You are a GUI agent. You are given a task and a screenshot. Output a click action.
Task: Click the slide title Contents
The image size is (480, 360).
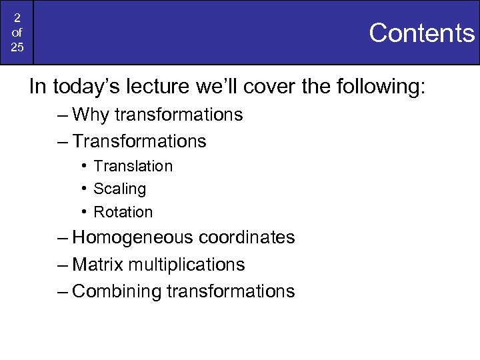(x=421, y=33)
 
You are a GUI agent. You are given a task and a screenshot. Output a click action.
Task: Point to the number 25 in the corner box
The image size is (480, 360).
(x=17, y=48)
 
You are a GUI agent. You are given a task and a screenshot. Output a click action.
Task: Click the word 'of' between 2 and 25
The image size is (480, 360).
(x=17, y=32)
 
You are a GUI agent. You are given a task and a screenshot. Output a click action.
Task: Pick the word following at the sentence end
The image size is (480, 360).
(x=375, y=87)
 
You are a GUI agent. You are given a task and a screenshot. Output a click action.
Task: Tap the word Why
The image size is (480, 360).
(x=91, y=115)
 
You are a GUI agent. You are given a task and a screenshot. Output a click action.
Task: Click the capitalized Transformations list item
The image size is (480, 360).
(x=139, y=141)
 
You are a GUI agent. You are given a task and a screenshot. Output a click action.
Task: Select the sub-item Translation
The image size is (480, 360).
(x=133, y=166)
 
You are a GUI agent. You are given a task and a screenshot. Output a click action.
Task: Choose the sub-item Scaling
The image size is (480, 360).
(x=119, y=189)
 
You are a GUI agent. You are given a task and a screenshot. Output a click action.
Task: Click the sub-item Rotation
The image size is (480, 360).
(x=123, y=212)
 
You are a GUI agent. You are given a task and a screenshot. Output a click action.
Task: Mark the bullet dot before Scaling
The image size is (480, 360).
(x=85, y=189)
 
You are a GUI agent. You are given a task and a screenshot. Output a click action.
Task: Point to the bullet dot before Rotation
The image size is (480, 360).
(x=85, y=212)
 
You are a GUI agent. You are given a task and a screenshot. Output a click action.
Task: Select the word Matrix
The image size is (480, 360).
(x=97, y=265)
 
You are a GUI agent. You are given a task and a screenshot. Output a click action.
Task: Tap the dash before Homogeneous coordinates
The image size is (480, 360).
(x=62, y=238)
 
